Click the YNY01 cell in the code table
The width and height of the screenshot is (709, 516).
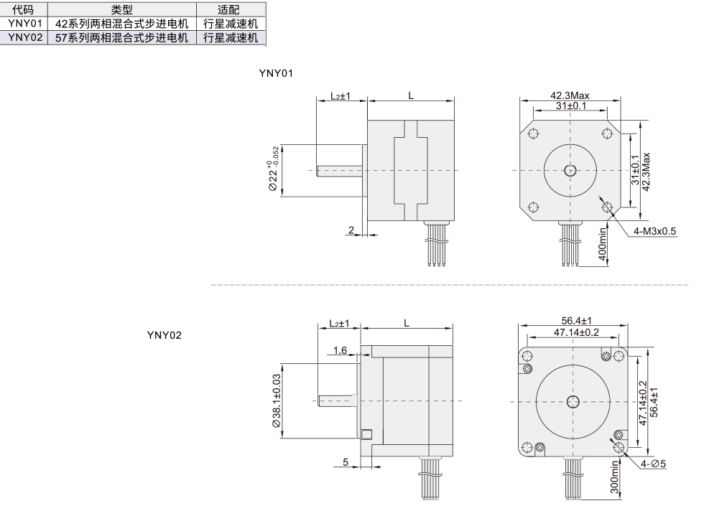(x=25, y=24)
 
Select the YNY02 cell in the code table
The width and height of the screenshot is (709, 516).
(x=25, y=37)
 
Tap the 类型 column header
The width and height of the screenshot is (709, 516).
(x=121, y=9)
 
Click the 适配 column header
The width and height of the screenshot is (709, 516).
(x=228, y=9)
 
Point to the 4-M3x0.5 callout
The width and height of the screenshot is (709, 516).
(x=654, y=231)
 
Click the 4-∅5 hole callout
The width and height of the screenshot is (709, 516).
(x=653, y=464)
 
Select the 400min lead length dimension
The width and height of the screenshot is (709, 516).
(x=602, y=245)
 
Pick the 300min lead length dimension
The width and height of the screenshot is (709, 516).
(x=614, y=477)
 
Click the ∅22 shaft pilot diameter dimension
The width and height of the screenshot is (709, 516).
(x=273, y=170)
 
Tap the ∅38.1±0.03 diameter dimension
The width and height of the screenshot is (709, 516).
(x=277, y=400)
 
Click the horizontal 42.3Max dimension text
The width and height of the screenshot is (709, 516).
(x=570, y=95)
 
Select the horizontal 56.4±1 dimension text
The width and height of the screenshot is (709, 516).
(x=577, y=321)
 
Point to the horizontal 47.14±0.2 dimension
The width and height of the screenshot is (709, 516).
(x=577, y=332)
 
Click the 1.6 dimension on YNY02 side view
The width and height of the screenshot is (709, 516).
(x=340, y=350)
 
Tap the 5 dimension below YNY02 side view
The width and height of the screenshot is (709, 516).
(x=346, y=461)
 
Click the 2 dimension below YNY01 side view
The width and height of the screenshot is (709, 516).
(x=351, y=230)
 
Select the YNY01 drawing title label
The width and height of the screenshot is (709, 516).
(x=276, y=73)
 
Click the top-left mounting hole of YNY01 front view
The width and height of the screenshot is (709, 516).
(x=533, y=133)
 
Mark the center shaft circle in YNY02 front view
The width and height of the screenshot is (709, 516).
(x=573, y=400)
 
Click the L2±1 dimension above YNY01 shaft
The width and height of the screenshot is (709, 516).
(x=340, y=96)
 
